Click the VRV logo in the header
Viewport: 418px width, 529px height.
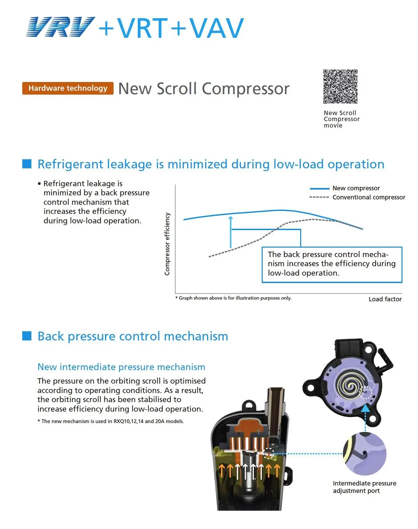[60, 27]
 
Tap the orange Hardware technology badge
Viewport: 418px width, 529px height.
[68, 88]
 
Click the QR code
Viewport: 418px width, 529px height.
[340, 87]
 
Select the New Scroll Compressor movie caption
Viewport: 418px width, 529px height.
[341, 119]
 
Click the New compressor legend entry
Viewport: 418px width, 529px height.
[356, 188]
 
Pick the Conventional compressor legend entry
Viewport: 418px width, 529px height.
[368, 197]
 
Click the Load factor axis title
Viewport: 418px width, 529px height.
[385, 299]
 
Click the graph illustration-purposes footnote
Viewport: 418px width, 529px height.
[233, 298]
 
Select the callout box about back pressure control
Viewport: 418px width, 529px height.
[332, 264]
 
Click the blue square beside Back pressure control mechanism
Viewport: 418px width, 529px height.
[27, 336]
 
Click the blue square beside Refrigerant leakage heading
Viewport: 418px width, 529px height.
[27, 164]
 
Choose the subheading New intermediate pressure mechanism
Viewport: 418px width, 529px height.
[121, 367]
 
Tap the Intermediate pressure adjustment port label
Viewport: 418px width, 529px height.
[364, 487]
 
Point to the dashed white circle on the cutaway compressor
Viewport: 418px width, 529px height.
[269, 453]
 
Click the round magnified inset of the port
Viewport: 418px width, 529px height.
[365, 454]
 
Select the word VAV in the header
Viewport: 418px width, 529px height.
[216, 28]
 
